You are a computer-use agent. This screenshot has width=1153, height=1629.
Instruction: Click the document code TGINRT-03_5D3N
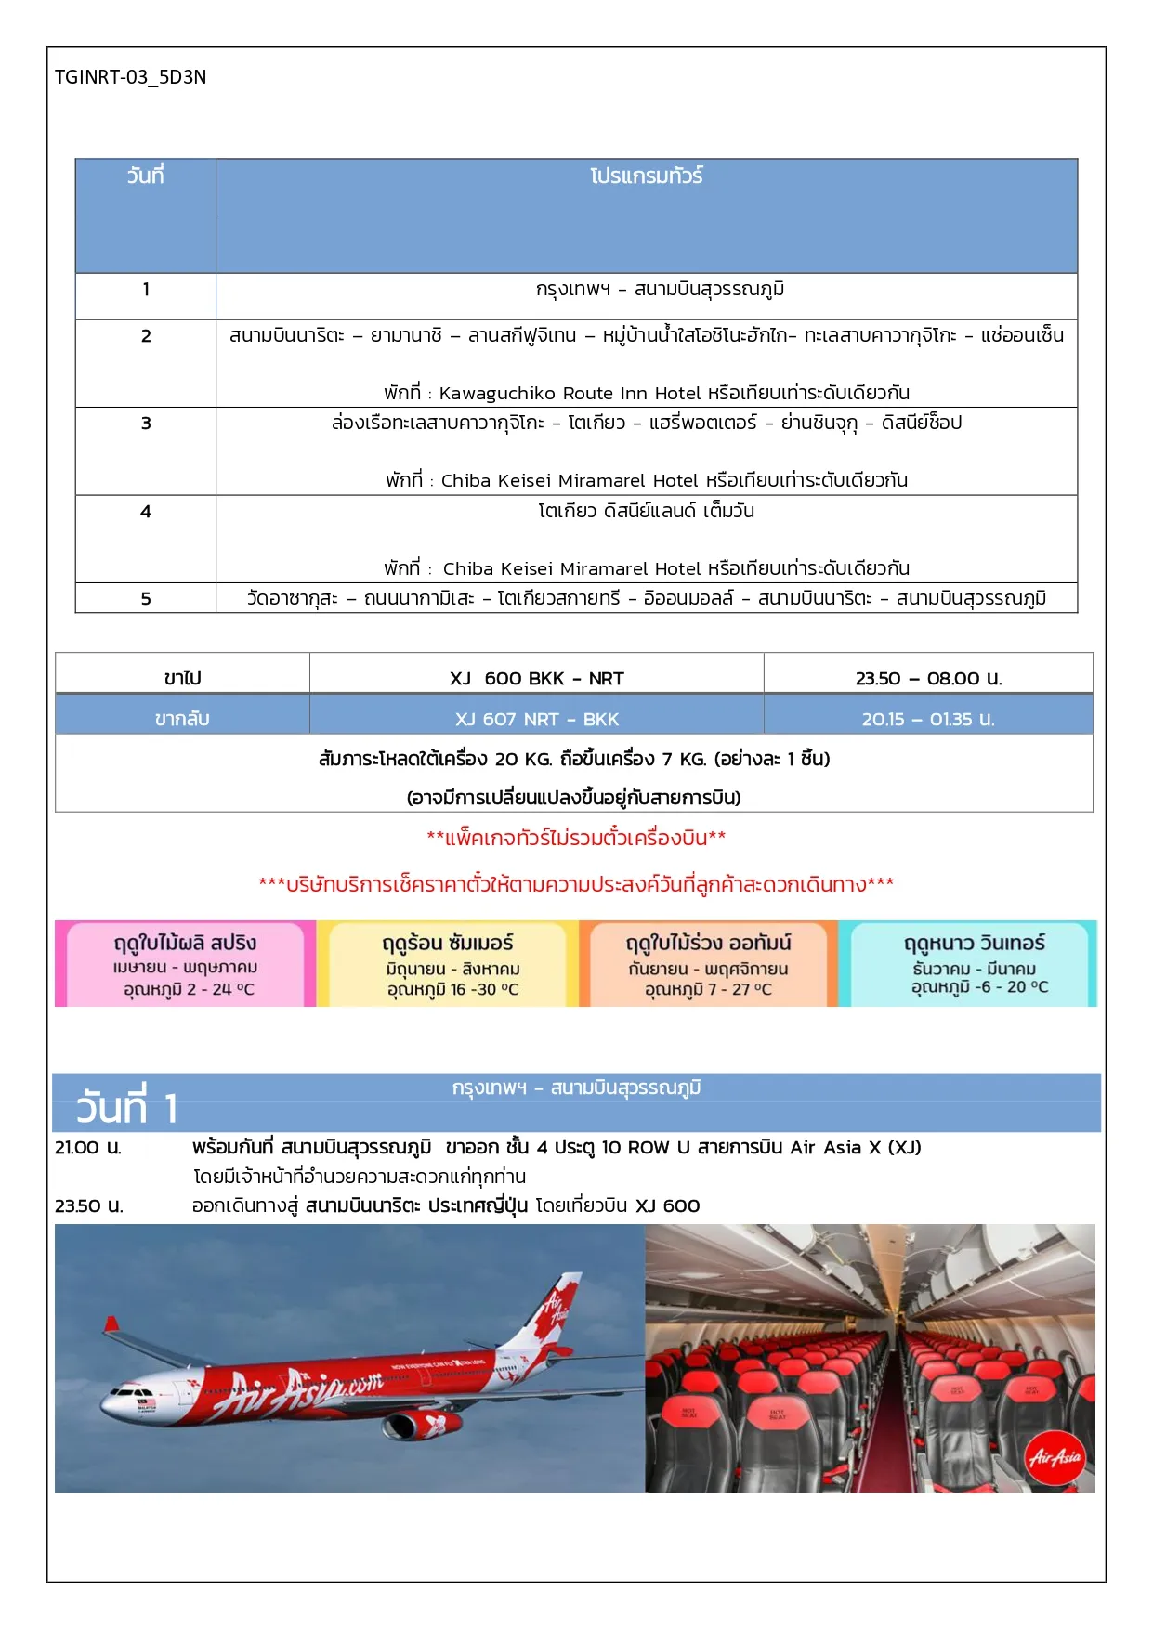(x=130, y=77)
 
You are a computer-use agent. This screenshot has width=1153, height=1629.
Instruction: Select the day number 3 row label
(x=146, y=424)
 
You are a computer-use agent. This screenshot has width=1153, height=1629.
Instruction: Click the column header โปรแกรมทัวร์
(x=646, y=176)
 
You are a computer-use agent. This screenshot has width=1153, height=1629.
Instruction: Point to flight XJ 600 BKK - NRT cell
(x=536, y=678)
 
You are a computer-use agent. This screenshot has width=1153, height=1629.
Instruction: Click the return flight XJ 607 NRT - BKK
(x=536, y=719)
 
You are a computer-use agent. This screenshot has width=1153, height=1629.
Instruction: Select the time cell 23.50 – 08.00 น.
(x=928, y=678)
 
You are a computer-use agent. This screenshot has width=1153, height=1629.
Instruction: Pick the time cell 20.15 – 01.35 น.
(x=928, y=719)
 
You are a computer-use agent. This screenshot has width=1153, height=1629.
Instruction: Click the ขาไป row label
(x=182, y=678)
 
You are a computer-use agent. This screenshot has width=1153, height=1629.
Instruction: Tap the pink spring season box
(x=184, y=964)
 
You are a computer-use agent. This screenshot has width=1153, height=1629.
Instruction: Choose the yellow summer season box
(x=448, y=964)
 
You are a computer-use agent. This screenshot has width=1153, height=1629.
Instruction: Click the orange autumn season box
(x=708, y=964)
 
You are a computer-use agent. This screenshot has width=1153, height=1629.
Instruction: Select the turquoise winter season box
(x=974, y=964)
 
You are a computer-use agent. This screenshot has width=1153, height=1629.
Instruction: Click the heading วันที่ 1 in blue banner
(x=126, y=1107)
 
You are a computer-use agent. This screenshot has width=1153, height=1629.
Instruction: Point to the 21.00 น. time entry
(x=88, y=1148)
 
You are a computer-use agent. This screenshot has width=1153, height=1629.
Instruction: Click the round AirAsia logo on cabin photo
(x=1055, y=1457)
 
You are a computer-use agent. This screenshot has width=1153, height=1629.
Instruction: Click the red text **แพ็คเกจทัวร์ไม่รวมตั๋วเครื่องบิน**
(x=576, y=838)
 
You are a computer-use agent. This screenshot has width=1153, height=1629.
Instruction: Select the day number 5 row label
(x=146, y=599)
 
